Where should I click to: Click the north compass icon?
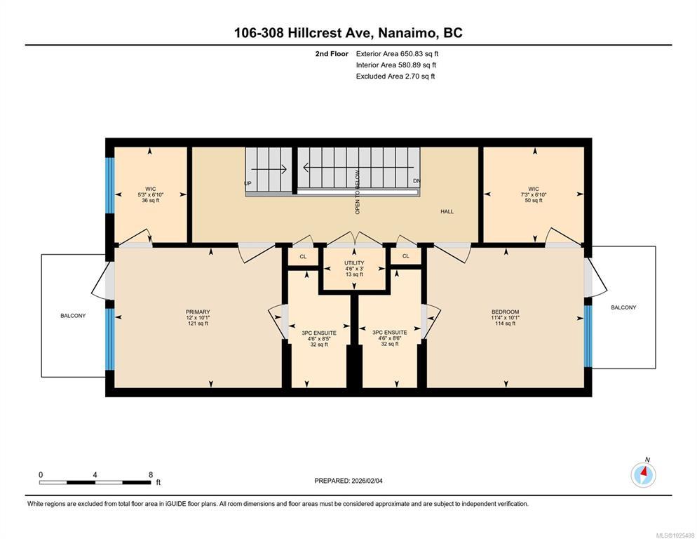coord(643,474)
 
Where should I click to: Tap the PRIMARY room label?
coord(198,312)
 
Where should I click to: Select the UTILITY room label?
coord(354,263)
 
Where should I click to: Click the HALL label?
coord(447,211)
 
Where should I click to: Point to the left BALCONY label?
coord(73,316)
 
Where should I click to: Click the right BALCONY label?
coord(623,307)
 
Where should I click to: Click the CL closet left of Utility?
coord(303,256)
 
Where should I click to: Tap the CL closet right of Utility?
coord(406,256)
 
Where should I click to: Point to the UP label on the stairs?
coord(248,183)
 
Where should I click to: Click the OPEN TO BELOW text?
coord(357,192)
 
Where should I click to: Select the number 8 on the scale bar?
coord(151,474)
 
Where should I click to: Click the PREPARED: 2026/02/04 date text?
coord(348,481)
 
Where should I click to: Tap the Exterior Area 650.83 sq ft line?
coord(397,54)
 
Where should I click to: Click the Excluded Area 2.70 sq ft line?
coord(395,76)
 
